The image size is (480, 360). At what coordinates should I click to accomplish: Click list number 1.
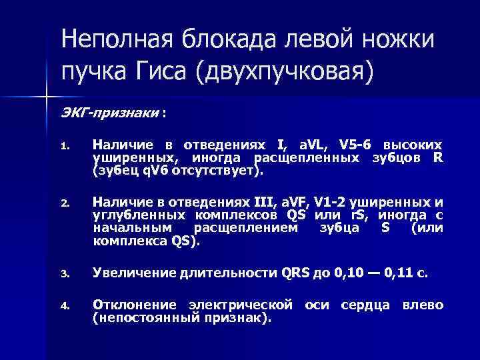(65, 145)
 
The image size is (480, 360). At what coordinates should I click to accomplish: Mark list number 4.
(65, 307)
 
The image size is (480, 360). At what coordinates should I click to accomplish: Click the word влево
(423, 305)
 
